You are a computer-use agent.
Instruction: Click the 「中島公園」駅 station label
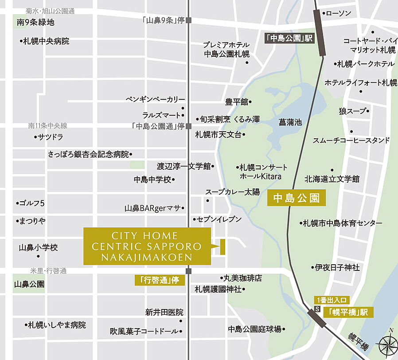pos(289,38)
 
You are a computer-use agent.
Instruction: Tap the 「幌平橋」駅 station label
pos(348,312)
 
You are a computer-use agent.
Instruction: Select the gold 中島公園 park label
pos(297,198)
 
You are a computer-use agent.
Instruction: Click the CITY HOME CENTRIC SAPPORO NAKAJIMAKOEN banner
pos(147,247)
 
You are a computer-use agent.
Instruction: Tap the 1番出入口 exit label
pos(332,299)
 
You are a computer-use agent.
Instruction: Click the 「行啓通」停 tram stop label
pos(159,280)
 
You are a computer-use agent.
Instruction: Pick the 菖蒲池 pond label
pos(290,122)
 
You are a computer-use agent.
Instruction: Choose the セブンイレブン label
pos(219,219)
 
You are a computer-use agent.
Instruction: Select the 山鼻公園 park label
pos(29,284)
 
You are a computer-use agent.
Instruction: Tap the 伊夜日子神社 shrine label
pos(336,268)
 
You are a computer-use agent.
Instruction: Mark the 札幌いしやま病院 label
pos(56,325)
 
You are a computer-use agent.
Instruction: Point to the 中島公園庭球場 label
pos(255,329)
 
